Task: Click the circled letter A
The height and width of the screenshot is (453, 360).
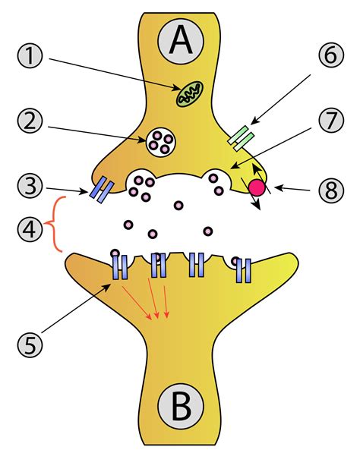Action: tap(180, 41)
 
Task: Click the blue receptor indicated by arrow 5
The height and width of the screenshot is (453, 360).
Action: tap(120, 267)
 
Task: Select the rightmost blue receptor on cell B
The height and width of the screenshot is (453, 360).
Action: tap(243, 268)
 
